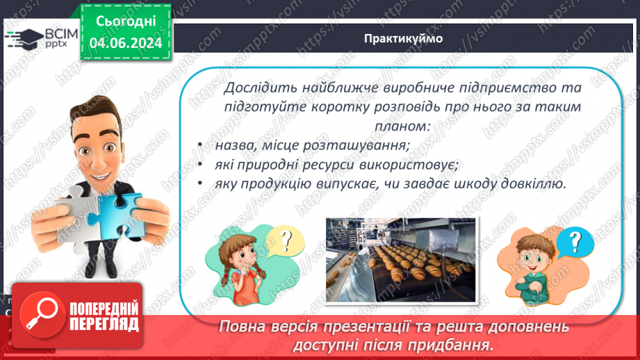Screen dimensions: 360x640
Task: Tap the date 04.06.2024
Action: pyautogui.click(x=125, y=43)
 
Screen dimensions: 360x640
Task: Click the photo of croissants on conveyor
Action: pyautogui.click(x=401, y=261)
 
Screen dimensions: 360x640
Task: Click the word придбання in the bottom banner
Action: pyautogui.click(x=452, y=344)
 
